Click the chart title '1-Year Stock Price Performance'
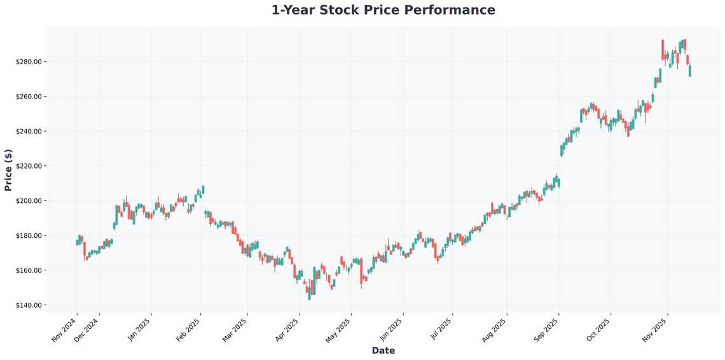pyautogui.click(x=383, y=10)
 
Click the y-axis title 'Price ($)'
pyautogui.click(x=8, y=170)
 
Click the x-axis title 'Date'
pyautogui.click(x=383, y=350)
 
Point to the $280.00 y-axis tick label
pyautogui.click(x=29, y=62)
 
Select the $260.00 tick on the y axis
pyautogui.click(x=29, y=97)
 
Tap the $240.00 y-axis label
pyautogui.click(x=29, y=131)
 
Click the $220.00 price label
pyautogui.click(x=29, y=166)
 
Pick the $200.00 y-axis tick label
pyautogui.click(x=29, y=201)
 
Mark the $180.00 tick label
pyautogui.click(x=29, y=235)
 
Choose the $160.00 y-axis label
pyautogui.click(x=29, y=270)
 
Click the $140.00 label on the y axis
pyautogui.click(x=29, y=305)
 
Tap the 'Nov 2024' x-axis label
pyautogui.click(x=64, y=330)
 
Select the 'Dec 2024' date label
pyautogui.click(x=86, y=330)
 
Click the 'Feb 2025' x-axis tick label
pyautogui.click(x=188, y=330)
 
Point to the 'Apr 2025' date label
pyautogui.click(x=287, y=330)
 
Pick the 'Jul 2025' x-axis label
pyautogui.click(x=440, y=330)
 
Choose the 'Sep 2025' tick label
pyautogui.click(x=546, y=330)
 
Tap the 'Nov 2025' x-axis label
pyautogui.click(x=655, y=330)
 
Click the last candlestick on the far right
pyautogui.click(x=690, y=71)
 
